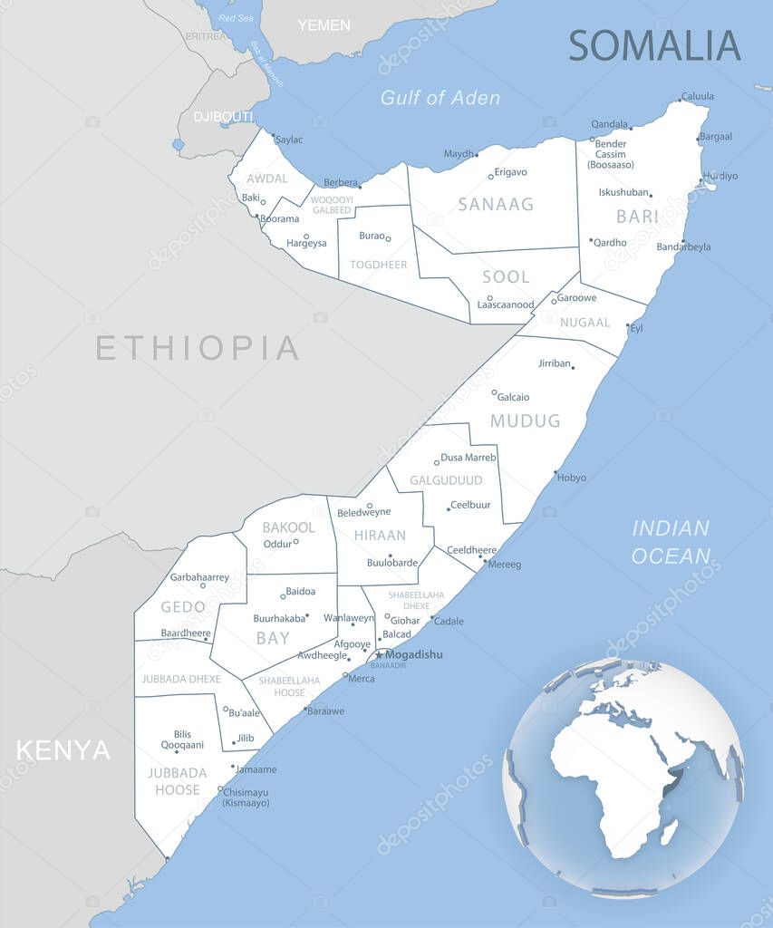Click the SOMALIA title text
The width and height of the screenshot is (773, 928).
coord(654,45)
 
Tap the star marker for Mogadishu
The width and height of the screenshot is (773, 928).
coord(379,655)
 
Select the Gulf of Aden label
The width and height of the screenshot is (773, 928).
coord(440,98)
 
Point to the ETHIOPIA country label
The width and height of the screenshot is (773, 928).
coord(198,348)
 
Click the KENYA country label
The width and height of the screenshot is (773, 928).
coord(63,750)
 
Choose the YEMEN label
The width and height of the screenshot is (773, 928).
coord(324,25)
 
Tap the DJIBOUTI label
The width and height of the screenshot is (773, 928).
coord(222,117)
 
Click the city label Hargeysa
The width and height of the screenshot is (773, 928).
coord(305,244)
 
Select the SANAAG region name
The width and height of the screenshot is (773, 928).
coord(496,205)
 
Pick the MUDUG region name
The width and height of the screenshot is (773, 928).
coord(525,421)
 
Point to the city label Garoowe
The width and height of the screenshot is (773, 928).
coord(576,298)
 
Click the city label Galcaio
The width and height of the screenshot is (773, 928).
coord(513,397)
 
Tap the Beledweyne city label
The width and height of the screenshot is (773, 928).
coord(364,513)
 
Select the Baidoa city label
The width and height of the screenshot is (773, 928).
coord(301,592)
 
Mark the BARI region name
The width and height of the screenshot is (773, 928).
coord(637,217)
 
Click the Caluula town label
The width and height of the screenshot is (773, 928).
coord(698,96)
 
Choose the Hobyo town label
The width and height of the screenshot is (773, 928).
coord(572,478)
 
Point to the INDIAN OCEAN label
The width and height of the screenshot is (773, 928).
coord(671,542)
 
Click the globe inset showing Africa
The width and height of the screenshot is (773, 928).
coord(623,778)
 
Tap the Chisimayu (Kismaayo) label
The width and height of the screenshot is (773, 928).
coord(246,797)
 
